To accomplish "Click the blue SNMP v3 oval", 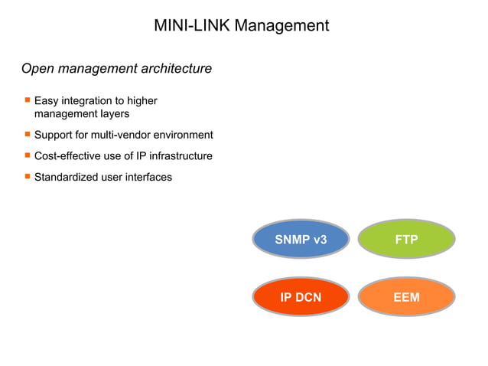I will (x=301, y=240).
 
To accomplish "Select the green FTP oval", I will (x=406, y=240).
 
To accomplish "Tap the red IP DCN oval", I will (x=301, y=297).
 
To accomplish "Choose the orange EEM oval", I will (x=406, y=297).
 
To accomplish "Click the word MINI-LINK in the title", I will (x=191, y=25).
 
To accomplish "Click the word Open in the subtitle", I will (x=37, y=69).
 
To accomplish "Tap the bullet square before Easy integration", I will (x=27, y=100).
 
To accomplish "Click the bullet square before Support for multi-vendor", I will (x=27, y=134).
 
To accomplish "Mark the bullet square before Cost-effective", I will (x=27, y=155).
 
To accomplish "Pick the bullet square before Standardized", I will (x=27, y=176).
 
